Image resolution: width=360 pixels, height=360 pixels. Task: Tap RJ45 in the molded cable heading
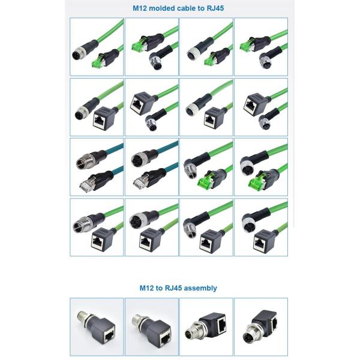click(x=215, y=8)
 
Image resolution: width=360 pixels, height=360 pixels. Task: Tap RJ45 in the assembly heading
click(x=173, y=288)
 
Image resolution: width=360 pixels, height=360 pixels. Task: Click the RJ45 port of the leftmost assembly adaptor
click(x=109, y=337)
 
